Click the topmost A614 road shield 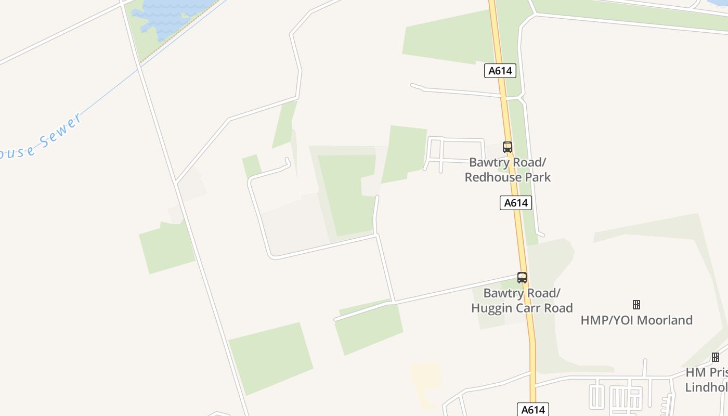pyautogui.click(x=500, y=71)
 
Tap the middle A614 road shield pyautogui.click(x=516, y=203)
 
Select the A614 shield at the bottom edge pyautogui.click(x=533, y=409)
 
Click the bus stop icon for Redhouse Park pyautogui.click(x=507, y=147)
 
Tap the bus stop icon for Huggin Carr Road pyautogui.click(x=522, y=278)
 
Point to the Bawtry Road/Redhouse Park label pyautogui.click(x=508, y=170)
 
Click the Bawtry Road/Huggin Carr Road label pyautogui.click(x=522, y=301)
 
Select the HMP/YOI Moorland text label pyautogui.click(x=636, y=320)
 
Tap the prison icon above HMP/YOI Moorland pyautogui.click(x=636, y=305)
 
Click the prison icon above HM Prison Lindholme pyautogui.click(x=716, y=357)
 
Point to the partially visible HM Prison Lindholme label pyautogui.click(x=707, y=380)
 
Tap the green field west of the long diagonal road pyautogui.click(x=166, y=247)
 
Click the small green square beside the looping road pyautogui.click(x=252, y=165)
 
